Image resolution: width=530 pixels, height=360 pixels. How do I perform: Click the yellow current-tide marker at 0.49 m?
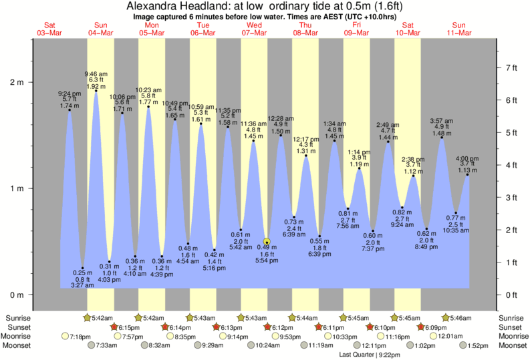267,242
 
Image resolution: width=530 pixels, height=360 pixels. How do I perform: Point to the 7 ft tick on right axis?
511,67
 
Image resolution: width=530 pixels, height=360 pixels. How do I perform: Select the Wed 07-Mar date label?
254,29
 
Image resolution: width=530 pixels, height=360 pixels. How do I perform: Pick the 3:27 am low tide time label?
82,285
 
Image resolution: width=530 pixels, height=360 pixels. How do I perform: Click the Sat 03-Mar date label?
49,29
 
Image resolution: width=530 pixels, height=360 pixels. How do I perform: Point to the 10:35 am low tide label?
456,230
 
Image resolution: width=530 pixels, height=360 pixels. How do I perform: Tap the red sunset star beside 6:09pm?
421,327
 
